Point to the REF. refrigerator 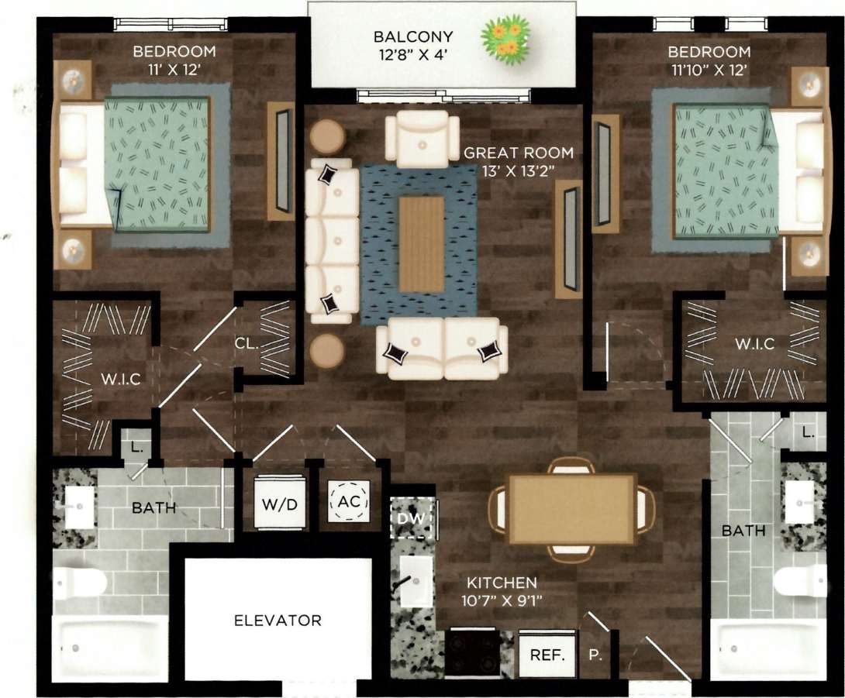[547, 654]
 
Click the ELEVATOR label [278, 621]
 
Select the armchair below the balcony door [422, 139]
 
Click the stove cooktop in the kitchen [472, 654]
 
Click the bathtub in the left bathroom [109, 648]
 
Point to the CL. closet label [247, 343]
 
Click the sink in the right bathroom [798, 502]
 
